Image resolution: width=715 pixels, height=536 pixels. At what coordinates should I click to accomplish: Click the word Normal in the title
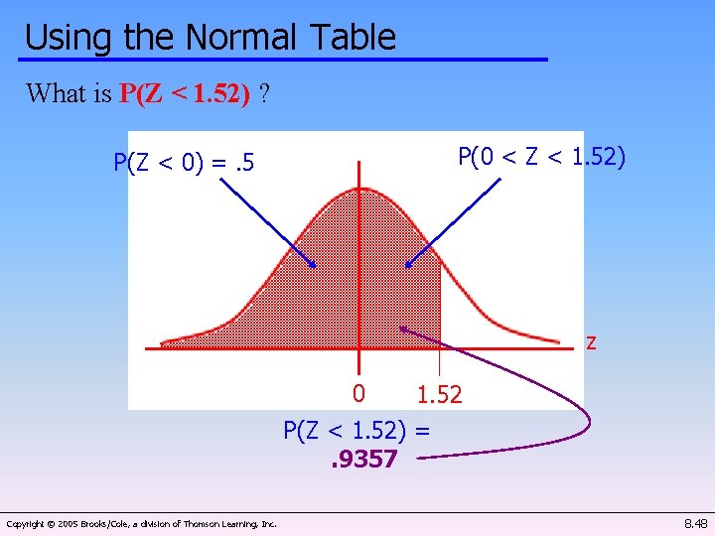coord(239,37)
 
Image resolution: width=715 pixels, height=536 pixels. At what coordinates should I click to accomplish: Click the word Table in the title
coord(352,37)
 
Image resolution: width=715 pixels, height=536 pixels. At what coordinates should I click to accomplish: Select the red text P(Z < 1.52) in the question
coord(184,94)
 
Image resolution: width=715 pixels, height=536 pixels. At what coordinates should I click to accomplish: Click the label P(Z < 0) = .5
coord(184,162)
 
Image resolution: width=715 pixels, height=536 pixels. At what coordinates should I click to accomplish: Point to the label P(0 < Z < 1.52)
coord(541,157)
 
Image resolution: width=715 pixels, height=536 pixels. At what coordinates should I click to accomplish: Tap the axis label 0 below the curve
coord(360,393)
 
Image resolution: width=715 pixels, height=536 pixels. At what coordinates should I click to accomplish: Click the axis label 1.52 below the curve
coord(439,395)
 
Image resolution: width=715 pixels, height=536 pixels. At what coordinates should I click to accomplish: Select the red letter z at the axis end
coord(591,342)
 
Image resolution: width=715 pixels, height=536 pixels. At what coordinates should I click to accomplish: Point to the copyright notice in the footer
coord(141,523)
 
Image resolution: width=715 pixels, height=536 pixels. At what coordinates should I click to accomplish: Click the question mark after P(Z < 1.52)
coord(263,94)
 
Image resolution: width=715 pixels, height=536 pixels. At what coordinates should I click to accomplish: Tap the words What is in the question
coord(69,94)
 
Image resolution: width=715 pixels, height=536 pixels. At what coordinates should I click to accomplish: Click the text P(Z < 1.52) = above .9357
coord(357,430)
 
